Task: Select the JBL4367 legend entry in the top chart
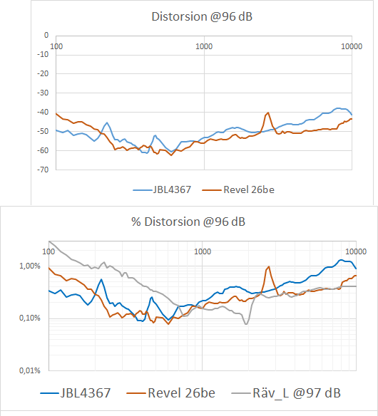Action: [x=163, y=190]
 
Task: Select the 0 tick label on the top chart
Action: [x=46, y=35]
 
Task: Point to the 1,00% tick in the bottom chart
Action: [x=31, y=266]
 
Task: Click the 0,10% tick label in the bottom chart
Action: [x=31, y=318]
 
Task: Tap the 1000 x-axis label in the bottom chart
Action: [x=202, y=252]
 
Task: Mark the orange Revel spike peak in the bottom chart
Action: [x=268, y=267]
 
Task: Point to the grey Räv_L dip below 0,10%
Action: [x=246, y=324]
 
